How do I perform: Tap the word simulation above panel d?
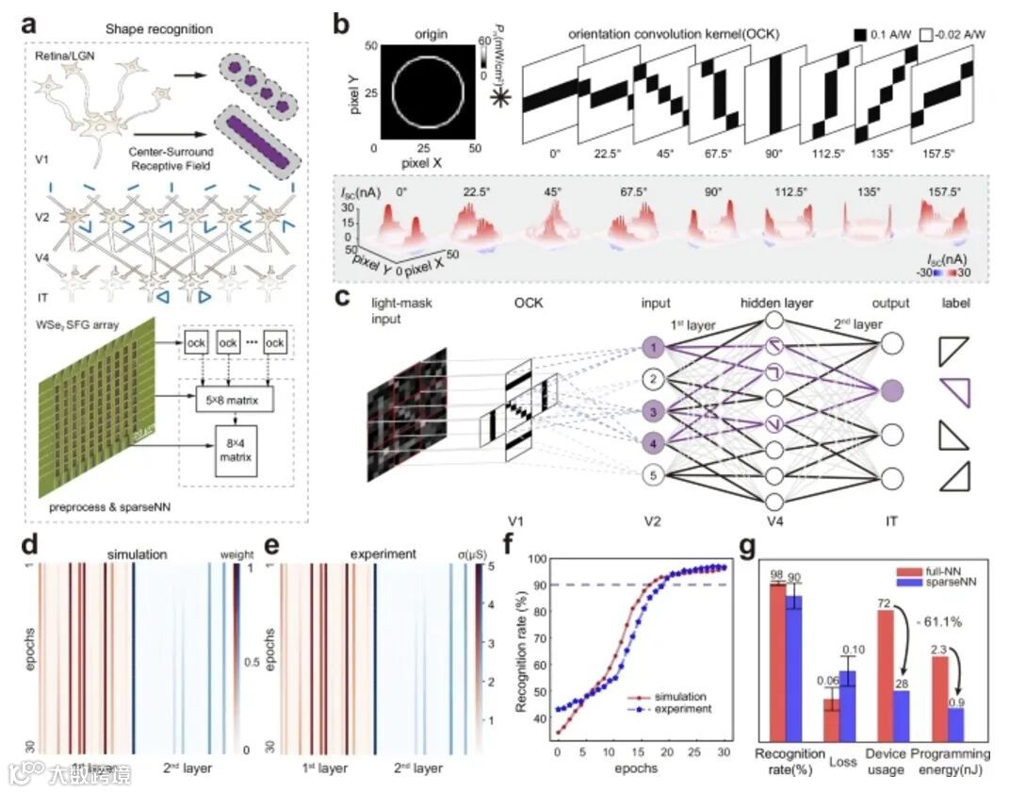pos(139,556)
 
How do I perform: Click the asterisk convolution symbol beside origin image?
pos(499,97)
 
